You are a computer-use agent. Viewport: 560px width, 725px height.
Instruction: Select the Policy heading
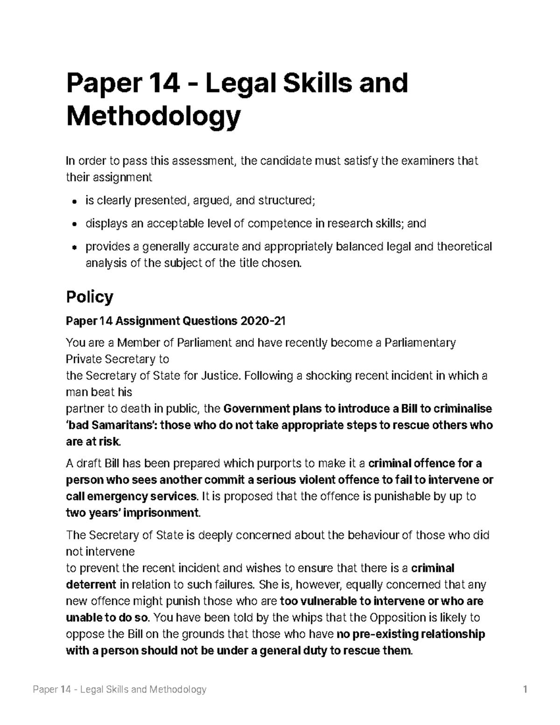(x=90, y=297)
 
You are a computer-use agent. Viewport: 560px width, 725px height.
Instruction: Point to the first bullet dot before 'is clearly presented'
(x=75, y=201)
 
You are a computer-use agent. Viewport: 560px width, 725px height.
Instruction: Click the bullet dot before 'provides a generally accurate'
(x=75, y=247)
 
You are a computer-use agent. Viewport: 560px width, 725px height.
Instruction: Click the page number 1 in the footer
(x=525, y=690)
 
